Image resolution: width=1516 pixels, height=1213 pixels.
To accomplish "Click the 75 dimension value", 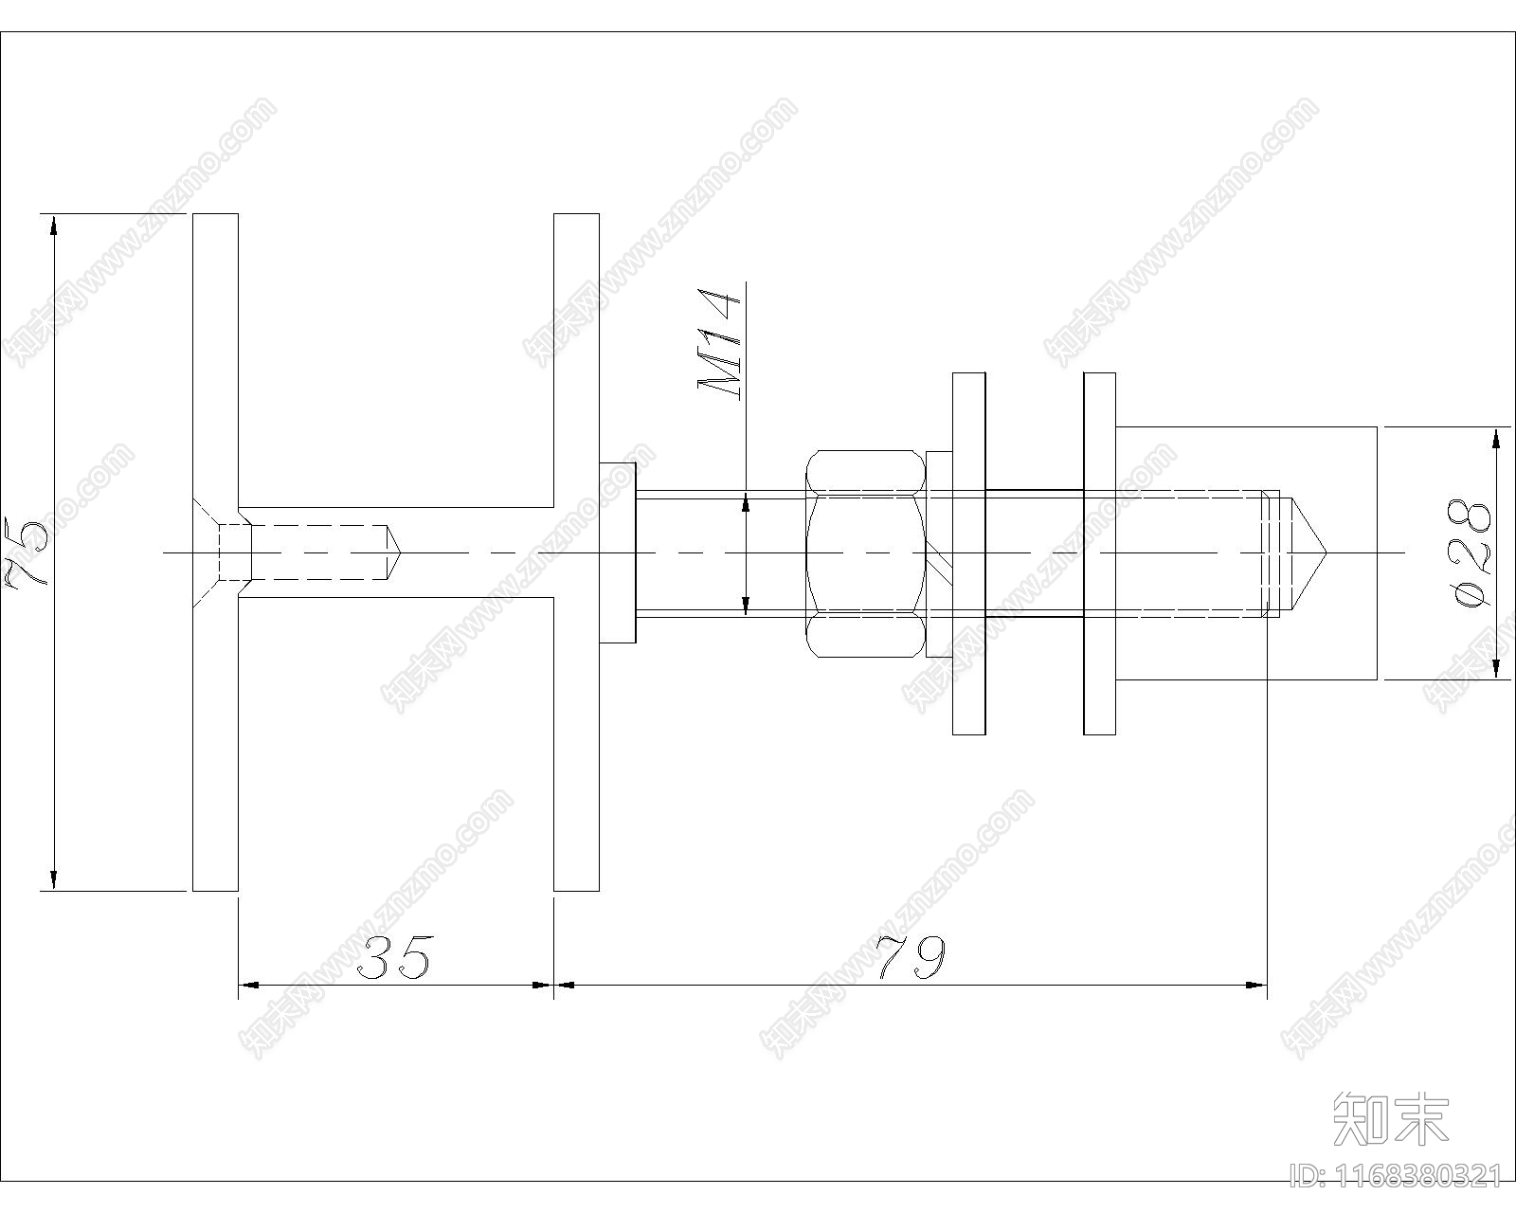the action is [27, 552].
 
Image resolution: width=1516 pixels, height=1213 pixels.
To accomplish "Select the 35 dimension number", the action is [394, 958].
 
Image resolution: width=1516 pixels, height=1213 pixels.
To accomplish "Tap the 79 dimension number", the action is [911, 957].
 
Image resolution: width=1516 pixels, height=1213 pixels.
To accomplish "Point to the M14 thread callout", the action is [719, 343].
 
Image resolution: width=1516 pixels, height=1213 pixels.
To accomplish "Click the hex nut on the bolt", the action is [865, 553].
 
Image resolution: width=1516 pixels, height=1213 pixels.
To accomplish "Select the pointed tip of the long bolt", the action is [1326, 552].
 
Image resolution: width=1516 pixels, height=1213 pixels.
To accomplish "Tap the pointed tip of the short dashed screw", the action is [400, 552].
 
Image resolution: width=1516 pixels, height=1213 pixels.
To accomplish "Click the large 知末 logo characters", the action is [1391, 1118].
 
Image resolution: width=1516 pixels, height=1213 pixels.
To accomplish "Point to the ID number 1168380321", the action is [1395, 1176].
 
